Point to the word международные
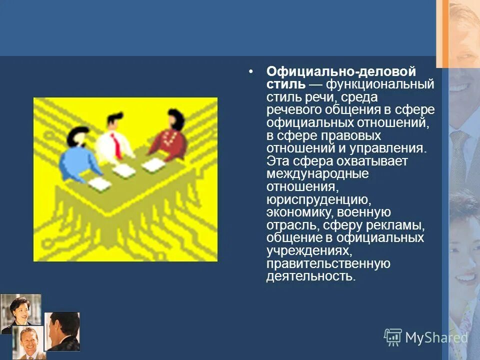[317, 174]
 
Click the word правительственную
[328, 263]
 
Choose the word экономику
[296, 212]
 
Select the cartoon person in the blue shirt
[77, 155]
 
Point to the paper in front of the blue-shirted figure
[100, 185]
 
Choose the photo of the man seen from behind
[62, 331]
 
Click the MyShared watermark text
[436, 338]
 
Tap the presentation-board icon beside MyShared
[393, 337]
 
